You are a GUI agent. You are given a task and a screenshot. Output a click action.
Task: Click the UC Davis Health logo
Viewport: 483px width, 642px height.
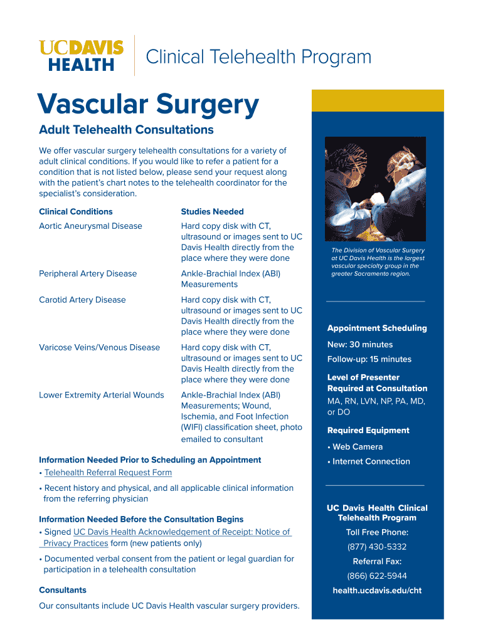tap(81, 56)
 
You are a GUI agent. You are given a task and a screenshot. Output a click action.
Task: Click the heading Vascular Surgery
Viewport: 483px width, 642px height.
tap(148, 105)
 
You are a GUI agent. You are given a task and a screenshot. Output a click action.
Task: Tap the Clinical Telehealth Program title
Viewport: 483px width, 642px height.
tap(258, 58)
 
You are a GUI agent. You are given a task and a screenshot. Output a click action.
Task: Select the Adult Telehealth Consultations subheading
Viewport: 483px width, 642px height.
tap(126, 130)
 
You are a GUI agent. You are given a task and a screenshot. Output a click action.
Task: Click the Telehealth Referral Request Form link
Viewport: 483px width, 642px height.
tap(108, 472)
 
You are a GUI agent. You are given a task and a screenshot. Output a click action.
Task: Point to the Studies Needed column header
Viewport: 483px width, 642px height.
tap(212, 212)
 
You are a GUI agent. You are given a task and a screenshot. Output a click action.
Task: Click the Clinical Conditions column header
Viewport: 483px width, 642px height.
tap(76, 212)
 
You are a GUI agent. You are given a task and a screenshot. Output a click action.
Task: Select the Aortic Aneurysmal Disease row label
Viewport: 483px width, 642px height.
tap(90, 226)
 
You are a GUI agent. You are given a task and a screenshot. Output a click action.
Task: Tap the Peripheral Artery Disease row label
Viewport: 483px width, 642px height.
tap(88, 273)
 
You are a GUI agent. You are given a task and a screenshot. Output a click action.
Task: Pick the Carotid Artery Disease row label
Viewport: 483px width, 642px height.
tap(82, 300)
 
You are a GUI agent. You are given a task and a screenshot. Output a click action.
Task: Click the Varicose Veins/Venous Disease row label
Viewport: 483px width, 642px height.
tap(99, 347)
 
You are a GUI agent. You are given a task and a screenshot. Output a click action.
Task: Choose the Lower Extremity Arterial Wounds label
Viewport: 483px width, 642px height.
tap(102, 395)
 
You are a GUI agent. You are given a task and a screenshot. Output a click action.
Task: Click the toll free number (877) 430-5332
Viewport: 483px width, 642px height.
tap(377, 547)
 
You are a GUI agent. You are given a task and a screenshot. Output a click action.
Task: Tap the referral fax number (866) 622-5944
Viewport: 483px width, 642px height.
tap(377, 576)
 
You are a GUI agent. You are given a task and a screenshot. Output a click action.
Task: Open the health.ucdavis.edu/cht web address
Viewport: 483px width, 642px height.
tap(377, 591)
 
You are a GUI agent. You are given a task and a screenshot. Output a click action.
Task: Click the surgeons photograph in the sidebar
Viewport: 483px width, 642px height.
tap(375, 189)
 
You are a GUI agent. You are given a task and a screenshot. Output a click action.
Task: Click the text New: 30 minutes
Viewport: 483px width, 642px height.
tap(360, 344)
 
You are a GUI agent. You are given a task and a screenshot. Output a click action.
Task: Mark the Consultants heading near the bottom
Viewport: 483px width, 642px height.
tap(63, 590)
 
